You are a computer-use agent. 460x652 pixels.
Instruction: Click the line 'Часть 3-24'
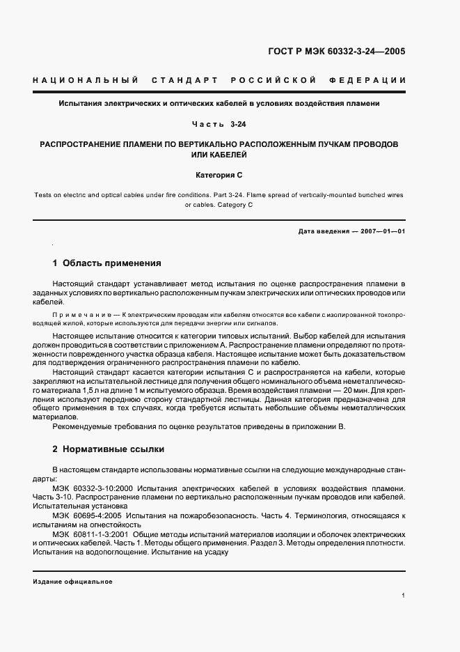(x=219, y=124)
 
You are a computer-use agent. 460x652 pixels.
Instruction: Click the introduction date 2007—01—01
(x=381, y=230)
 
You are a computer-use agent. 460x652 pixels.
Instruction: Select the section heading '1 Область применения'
(x=107, y=263)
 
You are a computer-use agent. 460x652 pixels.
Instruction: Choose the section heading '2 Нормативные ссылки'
(x=108, y=449)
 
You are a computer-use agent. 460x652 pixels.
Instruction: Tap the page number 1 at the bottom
(x=403, y=596)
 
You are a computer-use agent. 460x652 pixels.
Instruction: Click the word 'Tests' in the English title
(x=43, y=195)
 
